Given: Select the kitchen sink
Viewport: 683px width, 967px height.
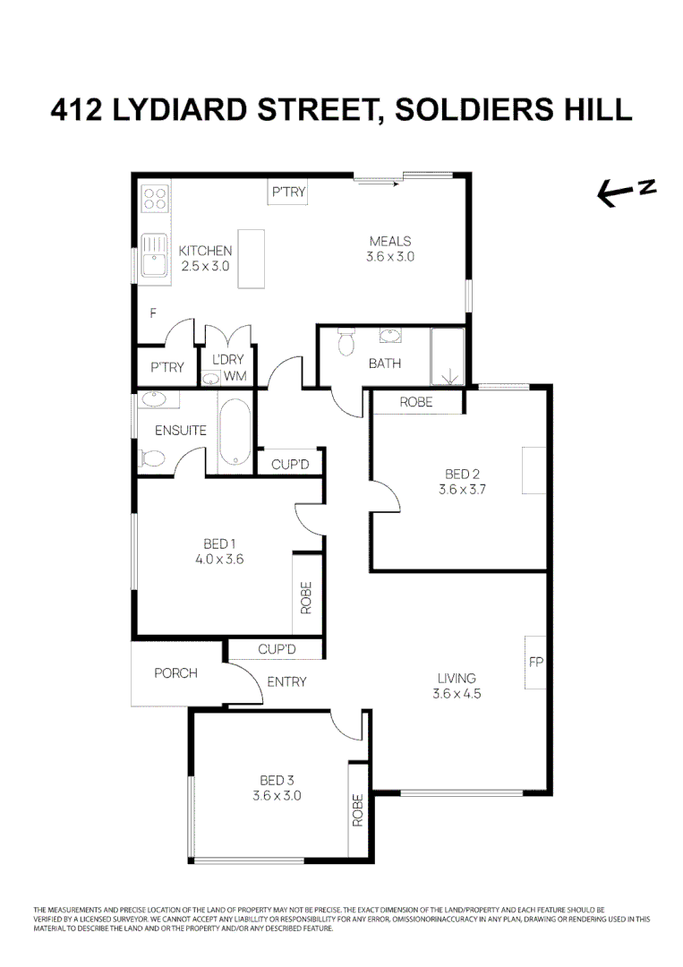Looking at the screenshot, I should tap(153, 255).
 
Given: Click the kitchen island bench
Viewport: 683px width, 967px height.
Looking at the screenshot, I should tap(252, 259).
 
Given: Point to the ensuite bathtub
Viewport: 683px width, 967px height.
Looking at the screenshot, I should tap(235, 432).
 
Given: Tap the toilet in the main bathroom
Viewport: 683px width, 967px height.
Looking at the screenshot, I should tap(345, 342).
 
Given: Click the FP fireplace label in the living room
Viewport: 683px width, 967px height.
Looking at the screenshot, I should tap(536, 663).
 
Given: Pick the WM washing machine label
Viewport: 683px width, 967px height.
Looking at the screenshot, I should tap(235, 376).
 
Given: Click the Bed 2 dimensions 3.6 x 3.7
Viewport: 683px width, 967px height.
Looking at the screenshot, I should tap(462, 489).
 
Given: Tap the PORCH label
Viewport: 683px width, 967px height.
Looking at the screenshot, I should tap(175, 672).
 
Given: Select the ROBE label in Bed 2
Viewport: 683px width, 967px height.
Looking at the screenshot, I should tap(416, 402).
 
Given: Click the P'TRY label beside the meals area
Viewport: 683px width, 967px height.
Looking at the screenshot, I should tap(288, 192).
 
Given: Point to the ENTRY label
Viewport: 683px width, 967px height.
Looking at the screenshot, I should tap(286, 681).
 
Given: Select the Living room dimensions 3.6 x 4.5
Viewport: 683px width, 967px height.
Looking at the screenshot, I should tap(457, 693).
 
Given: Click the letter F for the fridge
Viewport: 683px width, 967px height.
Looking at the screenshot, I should tap(153, 314).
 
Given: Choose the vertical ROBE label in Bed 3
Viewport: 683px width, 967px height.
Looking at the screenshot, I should tap(358, 809).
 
